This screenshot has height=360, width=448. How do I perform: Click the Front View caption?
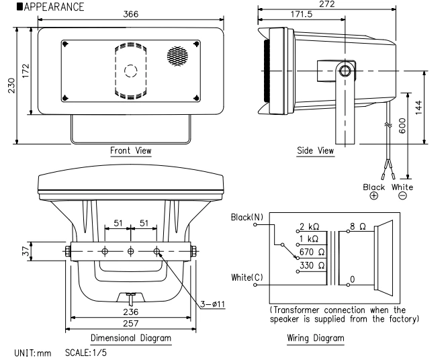coord(131,151)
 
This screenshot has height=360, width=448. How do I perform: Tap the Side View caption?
coord(315,151)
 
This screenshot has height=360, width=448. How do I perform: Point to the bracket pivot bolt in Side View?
coord(345,71)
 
